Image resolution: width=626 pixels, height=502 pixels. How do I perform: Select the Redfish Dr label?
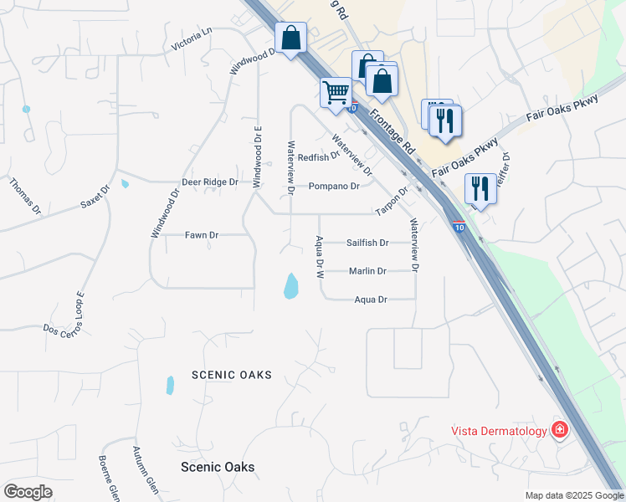tap(318, 156)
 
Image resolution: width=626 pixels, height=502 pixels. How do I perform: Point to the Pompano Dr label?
tap(333, 186)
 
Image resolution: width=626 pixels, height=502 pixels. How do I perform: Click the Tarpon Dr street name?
tap(391, 201)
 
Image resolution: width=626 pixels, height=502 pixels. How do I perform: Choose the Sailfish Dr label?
tap(367, 243)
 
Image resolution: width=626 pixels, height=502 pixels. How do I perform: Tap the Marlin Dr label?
tap(367, 271)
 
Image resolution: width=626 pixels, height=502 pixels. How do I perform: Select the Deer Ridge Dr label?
tap(210, 182)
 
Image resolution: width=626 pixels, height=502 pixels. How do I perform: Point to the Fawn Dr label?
tap(202, 235)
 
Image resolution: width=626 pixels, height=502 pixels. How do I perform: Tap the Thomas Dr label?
tap(25, 196)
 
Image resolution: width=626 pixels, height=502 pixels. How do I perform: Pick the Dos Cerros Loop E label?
tap(64, 312)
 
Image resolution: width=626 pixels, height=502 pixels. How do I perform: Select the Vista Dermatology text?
tap(500, 431)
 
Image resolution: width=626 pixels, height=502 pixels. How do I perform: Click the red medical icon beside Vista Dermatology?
tap(560, 431)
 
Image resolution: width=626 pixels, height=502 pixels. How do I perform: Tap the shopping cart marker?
tap(336, 92)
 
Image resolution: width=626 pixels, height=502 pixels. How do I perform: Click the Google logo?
tap(28, 492)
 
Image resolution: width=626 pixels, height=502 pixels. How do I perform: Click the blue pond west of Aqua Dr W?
tap(290, 286)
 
